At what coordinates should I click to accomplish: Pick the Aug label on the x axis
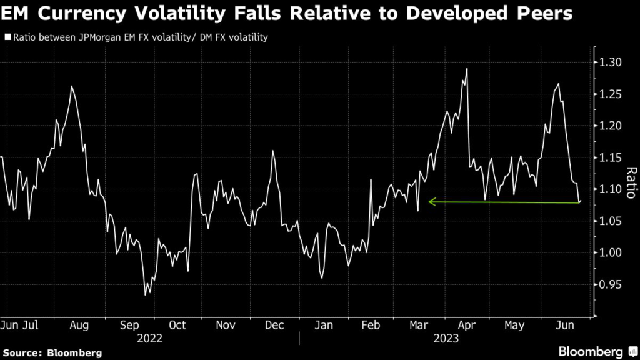click(79, 325)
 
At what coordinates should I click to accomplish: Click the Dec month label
click(274, 325)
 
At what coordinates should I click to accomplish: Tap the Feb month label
click(371, 325)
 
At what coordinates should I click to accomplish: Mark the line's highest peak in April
click(467, 69)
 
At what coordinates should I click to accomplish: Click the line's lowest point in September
click(146, 294)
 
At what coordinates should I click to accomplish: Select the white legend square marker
click(6, 37)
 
